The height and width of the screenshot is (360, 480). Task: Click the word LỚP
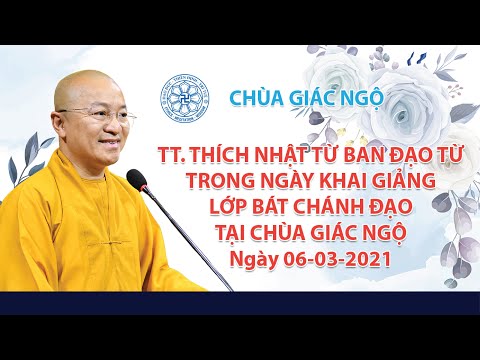(232, 207)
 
